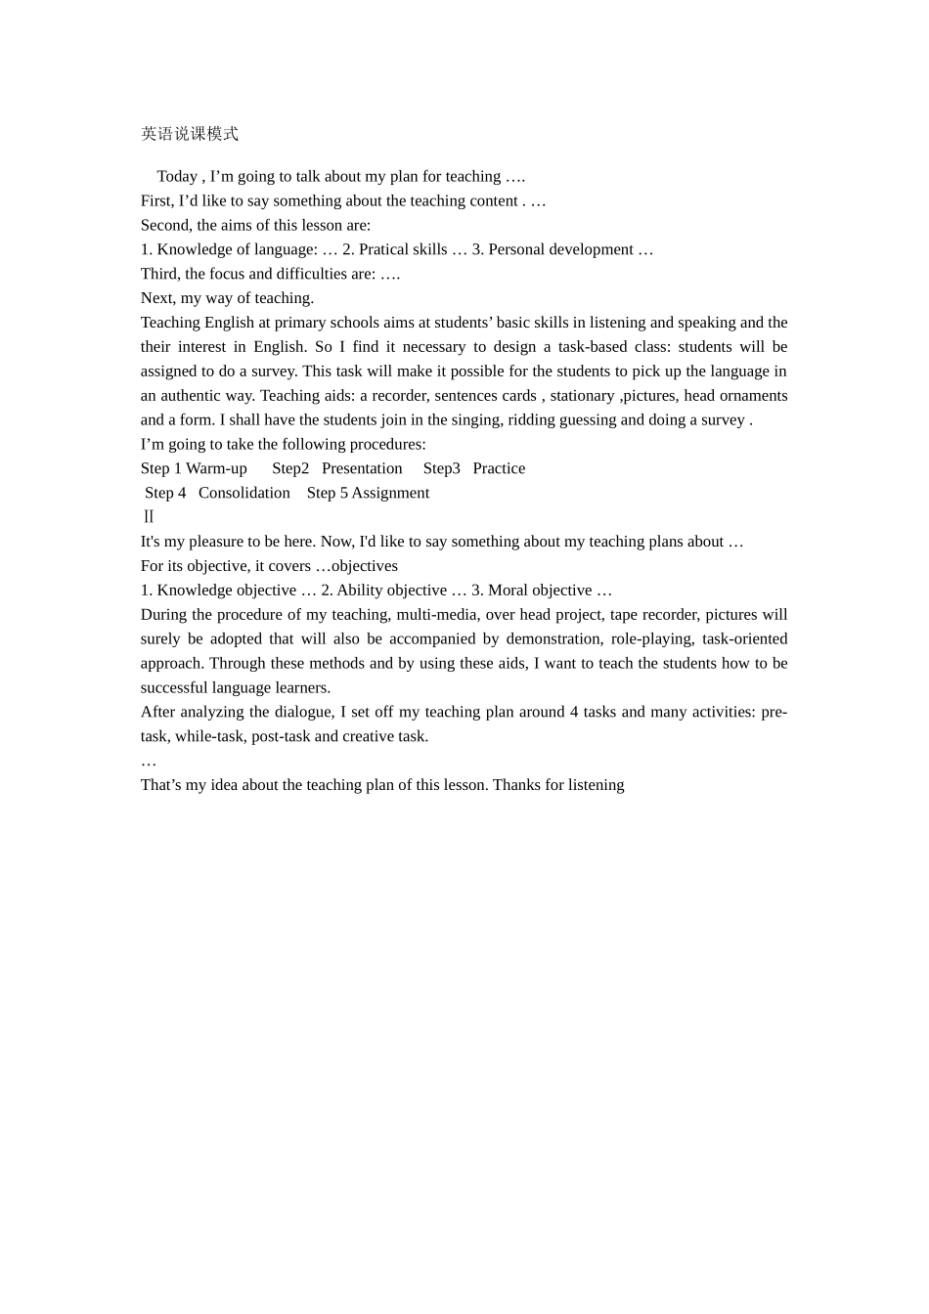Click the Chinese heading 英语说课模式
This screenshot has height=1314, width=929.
click(190, 134)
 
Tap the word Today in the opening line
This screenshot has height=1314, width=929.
click(177, 177)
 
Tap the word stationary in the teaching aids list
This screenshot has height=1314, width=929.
click(582, 396)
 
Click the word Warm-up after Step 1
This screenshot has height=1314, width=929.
click(216, 468)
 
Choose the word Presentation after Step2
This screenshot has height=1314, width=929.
click(362, 468)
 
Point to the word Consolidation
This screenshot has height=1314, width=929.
click(244, 493)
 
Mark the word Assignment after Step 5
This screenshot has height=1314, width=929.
click(390, 493)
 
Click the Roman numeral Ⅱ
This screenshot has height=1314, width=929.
click(149, 517)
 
